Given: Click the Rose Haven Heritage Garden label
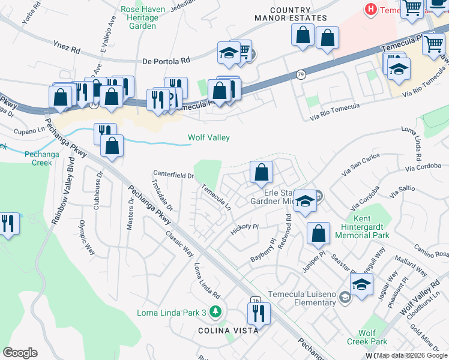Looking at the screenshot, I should pos(139,18).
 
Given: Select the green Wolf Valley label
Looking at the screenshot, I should pos(209,138).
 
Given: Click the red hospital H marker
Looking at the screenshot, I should pos(372,10).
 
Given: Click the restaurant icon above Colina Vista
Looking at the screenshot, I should pos(259,313).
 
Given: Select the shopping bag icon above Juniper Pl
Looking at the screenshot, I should pos(318,233).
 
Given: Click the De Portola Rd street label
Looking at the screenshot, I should pos(166,61).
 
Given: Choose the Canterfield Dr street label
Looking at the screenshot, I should pos(173,176).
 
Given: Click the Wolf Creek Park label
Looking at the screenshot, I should pos(366,337).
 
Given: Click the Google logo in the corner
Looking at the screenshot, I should pos(20,352).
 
